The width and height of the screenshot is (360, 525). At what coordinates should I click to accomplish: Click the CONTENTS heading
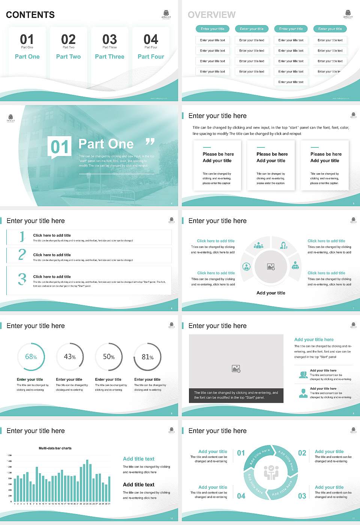tap(30, 15)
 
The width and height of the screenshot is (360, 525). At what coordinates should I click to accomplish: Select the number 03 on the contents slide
tap(109, 39)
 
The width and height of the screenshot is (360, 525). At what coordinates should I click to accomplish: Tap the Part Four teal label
tap(151, 57)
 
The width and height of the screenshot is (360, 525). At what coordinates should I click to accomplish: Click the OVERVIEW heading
tap(211, 15)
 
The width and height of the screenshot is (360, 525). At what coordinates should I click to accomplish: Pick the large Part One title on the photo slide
tap(106, 144)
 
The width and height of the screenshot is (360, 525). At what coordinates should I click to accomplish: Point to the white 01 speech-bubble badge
tap(60, 147)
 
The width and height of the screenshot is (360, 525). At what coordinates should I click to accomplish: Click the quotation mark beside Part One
tap(150, 142)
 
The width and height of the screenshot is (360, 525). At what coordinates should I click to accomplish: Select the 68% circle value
tap(31, 357)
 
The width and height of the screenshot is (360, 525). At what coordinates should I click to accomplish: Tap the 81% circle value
tap(147, 357)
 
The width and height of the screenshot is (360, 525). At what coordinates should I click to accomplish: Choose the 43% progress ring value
tap(70, 357)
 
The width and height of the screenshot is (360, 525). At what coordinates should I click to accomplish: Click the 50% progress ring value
tap(109, 357)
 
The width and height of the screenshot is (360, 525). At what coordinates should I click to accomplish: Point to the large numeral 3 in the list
tap(22, 279)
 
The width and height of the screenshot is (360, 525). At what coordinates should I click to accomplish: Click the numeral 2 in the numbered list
tap(22, 255)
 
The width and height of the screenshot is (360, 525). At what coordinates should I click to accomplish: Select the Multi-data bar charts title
tap(55, 448)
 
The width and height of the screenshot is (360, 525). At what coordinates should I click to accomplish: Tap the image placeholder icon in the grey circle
tap(271, 267)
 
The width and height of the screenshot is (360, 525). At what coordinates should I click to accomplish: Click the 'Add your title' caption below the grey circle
tap(271, 293)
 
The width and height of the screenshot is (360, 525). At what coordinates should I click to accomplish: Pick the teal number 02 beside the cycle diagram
tap(302, 453)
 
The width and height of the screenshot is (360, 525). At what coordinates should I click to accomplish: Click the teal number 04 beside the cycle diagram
tap(241, 496)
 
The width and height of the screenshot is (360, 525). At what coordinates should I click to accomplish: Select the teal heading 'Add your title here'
tap(314, 339)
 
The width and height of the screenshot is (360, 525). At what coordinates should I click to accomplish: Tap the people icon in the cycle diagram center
tap(271, 472)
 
